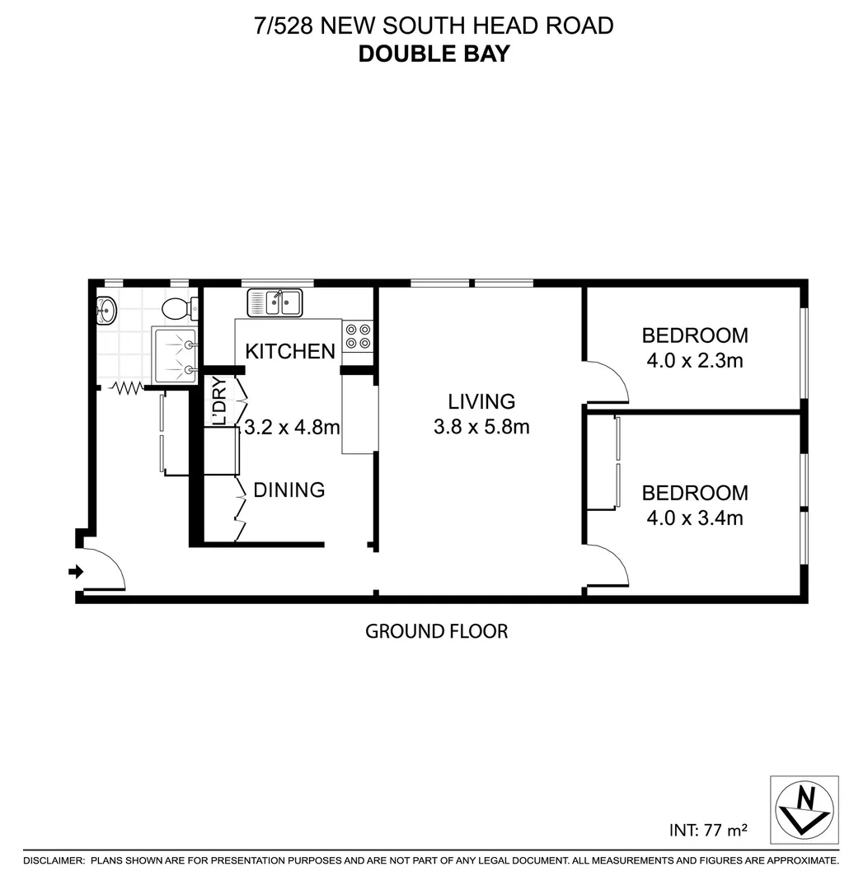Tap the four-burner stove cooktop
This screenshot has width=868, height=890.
[358, 336]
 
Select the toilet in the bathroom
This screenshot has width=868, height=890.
[178, 309]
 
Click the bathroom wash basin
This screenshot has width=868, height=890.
[106, 311]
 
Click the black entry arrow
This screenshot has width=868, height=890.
[75, 571]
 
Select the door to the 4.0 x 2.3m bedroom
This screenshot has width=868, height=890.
[608, 382]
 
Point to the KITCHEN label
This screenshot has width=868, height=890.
[290, 352]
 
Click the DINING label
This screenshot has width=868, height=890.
[289, 490]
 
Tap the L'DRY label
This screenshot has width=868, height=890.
[218, 400]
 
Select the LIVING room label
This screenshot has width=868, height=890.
[481, 401]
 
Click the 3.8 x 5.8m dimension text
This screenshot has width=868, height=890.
[481, 427]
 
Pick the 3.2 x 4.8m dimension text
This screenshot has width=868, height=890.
[293, 428]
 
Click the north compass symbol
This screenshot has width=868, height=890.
[804, 809]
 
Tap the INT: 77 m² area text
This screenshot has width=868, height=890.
[708, 830]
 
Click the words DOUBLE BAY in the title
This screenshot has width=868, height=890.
[434, 54]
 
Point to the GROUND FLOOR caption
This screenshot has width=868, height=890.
[436, 631]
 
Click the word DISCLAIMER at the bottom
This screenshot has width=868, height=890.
[54, 860]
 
